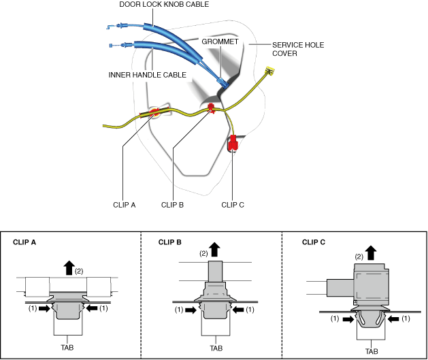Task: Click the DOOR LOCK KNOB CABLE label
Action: (x=164, y=4)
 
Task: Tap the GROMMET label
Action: (x=220, y=42)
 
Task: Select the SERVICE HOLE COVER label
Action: (x=298, y=49)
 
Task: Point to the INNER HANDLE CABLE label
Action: (x=148, y=75)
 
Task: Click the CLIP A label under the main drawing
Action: (x=125, y=205)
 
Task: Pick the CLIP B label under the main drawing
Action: (x=173, y=205)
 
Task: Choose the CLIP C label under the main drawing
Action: (x=233, y=205)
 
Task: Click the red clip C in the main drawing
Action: (x=233, y=143)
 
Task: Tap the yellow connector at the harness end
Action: (x=269, y=70)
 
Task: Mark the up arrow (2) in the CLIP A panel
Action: (x=69, y=267)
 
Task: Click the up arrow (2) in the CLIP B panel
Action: (x=215, y=250)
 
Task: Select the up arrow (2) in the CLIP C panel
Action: (x=371, y=252)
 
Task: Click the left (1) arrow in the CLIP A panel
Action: (x=44, y=308)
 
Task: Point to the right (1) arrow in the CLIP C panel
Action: (x=393, y=318)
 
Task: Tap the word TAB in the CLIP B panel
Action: (x=216, y=348)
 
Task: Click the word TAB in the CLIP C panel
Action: (x=372, y=351)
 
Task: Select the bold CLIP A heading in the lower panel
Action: (x=24, y=242)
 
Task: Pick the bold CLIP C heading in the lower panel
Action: (x=314, y=242)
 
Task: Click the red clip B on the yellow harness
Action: (x=211, y=108)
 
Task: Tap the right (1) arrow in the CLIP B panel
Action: (x=238, y=310)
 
